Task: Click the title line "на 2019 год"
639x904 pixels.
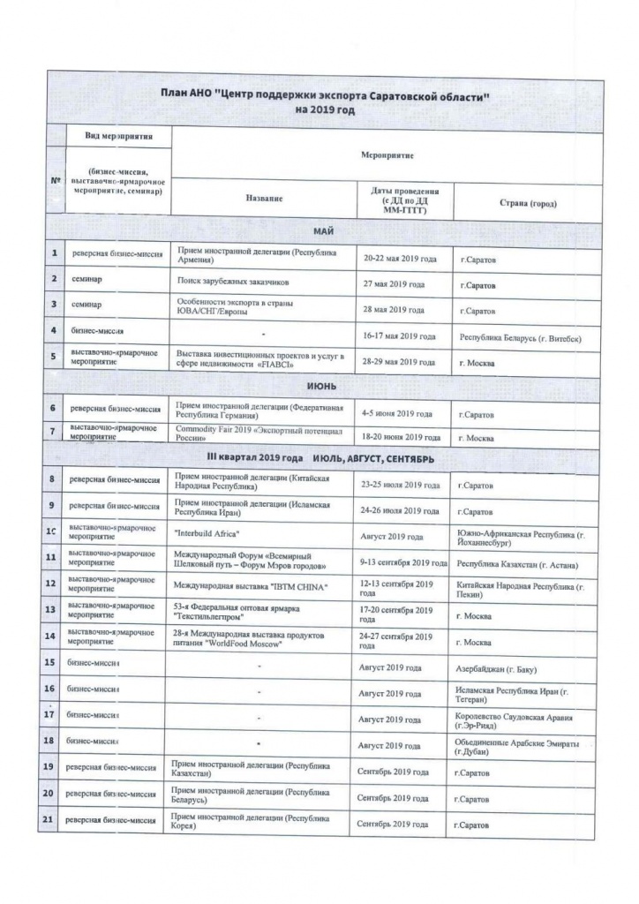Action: (327, 110)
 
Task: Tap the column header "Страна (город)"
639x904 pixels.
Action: (527, 203)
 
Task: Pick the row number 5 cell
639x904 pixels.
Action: (55, 357)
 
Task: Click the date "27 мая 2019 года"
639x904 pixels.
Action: (394, 285)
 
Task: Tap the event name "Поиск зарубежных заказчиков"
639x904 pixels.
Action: (233, 282)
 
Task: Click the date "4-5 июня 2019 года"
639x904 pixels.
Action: (397, 413)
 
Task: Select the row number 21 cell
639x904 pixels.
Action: (50, 821)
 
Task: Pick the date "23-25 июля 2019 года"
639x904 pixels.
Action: (400, 485)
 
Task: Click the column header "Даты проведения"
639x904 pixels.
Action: (399, 191)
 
